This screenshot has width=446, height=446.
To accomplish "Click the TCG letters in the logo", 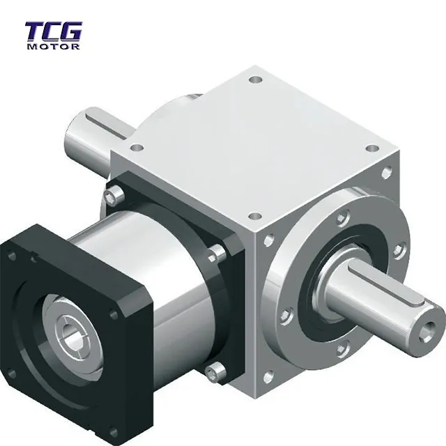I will [x=54, y=32].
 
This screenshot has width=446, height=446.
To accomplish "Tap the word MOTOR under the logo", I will [x=54, y=47].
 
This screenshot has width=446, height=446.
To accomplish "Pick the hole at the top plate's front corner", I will [x=253, y=217].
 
